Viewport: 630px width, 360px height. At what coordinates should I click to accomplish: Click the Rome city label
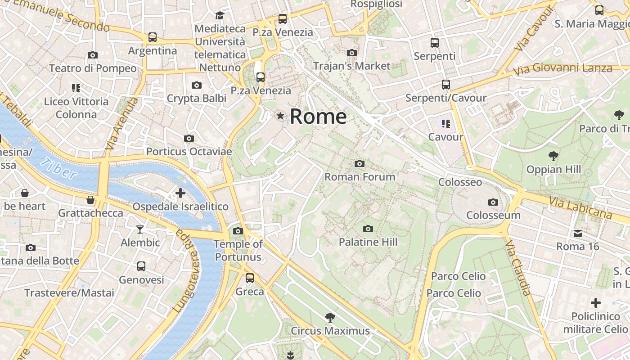click(x=318, y=117)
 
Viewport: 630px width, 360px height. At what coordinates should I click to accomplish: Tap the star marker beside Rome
click(x=280, y=116)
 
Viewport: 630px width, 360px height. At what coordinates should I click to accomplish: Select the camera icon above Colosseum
click(x=493, y=202)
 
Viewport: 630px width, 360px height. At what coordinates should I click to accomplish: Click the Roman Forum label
click(x=360, y=177)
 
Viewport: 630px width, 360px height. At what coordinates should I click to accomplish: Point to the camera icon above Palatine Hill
click(x=368, y=229)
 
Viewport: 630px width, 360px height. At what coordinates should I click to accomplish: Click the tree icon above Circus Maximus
click(x=330, y=318)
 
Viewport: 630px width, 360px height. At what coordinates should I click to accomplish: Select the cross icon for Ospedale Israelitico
click(x=180, y=193)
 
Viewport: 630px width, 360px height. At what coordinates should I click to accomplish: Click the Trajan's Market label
click(x=351, y=66)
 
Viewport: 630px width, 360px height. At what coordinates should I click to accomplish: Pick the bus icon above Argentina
click(x=153, y=37)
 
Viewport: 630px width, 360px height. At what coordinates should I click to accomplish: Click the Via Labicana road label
click(x=580, y=207)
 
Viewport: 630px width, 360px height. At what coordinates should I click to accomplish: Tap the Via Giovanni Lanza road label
click(x=563, y=69)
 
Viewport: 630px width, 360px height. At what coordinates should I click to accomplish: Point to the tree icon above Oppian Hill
click(x=553, y=156)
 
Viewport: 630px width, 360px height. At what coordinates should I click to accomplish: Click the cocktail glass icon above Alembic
click(x=140, y=229)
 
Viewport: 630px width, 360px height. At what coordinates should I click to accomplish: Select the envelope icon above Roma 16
click(x=577, y=234)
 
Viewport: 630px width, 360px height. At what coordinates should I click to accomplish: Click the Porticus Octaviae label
click(x=189, y=152)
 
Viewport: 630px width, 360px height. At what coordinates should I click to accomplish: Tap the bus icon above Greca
click(x=250, y=278)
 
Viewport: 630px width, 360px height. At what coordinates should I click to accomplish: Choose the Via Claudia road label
click(x=517, y=268)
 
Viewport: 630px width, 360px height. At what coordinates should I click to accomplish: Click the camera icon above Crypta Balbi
click(x=197, y=85)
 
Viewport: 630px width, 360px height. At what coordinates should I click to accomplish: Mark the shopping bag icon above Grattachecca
click(x=90, y=200)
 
